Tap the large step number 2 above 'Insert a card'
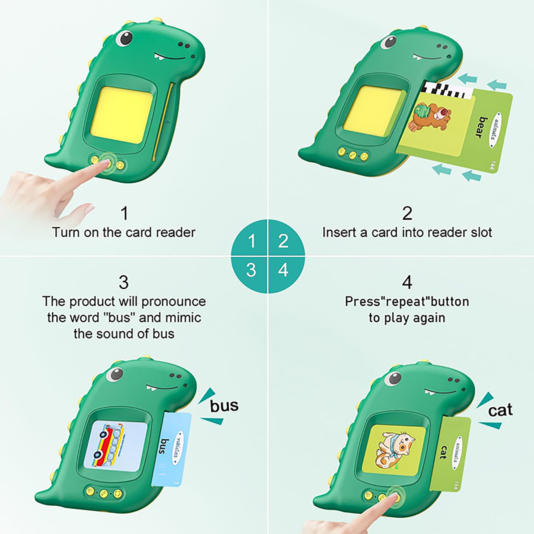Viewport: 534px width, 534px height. click(x=407, y=213)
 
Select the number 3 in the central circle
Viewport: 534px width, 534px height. click(x=251, y=270)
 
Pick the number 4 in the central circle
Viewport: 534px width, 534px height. click(x=283, y=270)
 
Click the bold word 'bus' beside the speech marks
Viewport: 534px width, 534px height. click(x=224, y=406)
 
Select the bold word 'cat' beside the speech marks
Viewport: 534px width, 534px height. click(x=500, y=410)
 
